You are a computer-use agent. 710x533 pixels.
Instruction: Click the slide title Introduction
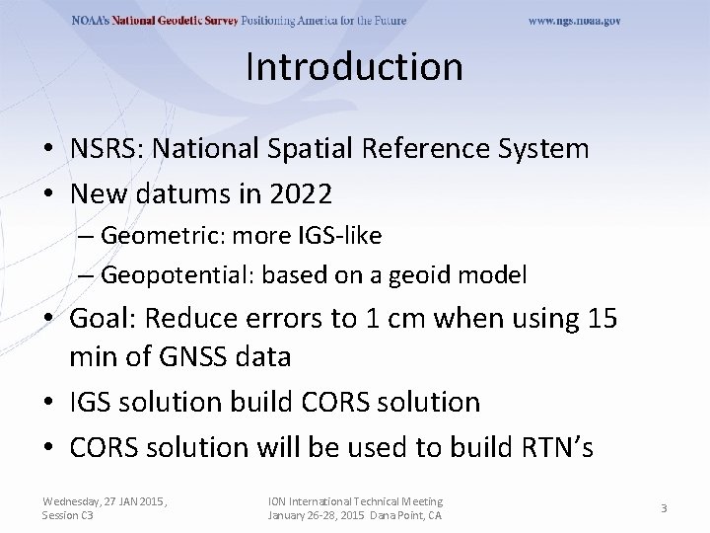pyautogui.click(x=354, y=66)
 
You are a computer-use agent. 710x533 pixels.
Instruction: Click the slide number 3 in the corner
pyautogui.click(x=664, y=508)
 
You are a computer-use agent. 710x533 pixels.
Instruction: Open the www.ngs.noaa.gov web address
pyautogui.click(x=574, y=21)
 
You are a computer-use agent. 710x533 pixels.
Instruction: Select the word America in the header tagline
pyautogui.click(x=348, y=21)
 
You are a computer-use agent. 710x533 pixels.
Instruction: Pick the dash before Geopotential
pyautogui.click(x=87, y=274)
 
